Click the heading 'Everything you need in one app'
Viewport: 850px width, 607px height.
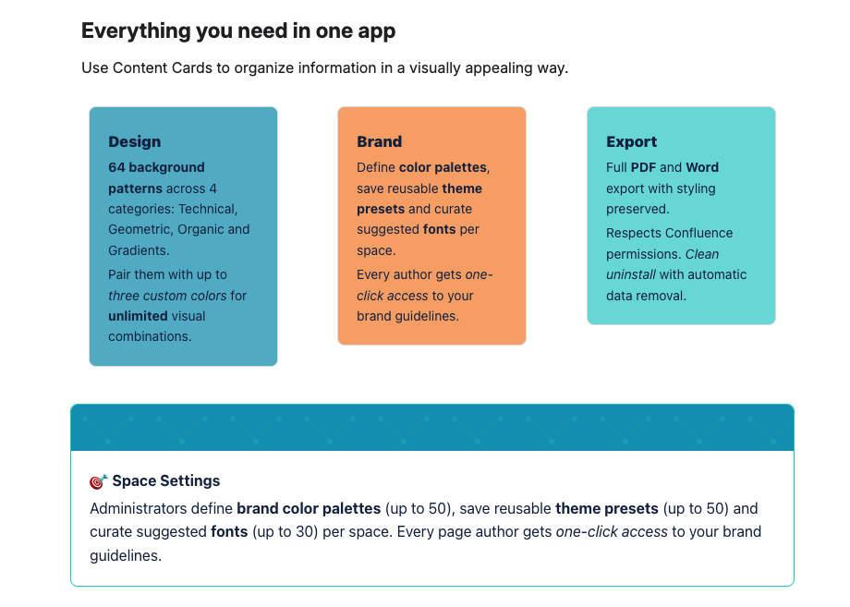click(x=238, y=30)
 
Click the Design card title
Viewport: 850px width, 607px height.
click(x=134, y=141)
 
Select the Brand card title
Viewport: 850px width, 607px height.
click(x=379, y=141)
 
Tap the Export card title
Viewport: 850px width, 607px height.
click(x=631, y=141)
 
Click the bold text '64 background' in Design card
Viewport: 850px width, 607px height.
click(x=156, y=167)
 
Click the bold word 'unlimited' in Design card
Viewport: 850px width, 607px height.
click(x=137, y=316)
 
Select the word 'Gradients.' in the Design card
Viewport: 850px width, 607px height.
click(x=139, y=250)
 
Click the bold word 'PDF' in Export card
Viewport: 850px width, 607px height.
click(x=643, y=167)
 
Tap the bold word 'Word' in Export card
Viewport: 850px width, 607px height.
click(x=702, y=167)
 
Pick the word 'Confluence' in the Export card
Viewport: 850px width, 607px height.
click(x=699, y=233)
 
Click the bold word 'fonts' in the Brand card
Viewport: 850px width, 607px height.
click(x=439, y=229)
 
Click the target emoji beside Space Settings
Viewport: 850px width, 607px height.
click(x=98, y=481)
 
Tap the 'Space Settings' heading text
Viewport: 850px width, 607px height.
click(x=166, y=481)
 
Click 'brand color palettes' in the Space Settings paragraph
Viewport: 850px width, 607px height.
click(x=309, y=508)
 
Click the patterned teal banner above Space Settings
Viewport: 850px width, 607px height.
click(x=431, y=428)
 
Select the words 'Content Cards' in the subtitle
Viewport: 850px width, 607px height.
click(x=161, y=68)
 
